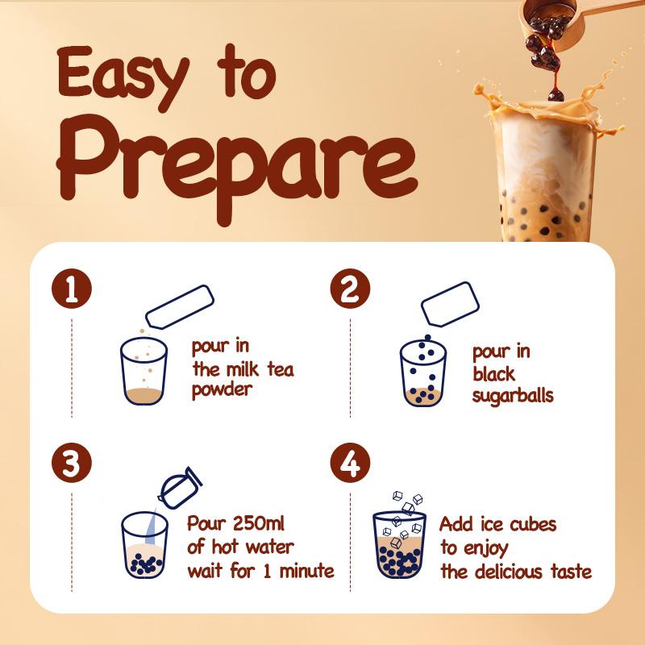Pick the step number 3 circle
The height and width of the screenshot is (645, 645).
click(x=71, y=463)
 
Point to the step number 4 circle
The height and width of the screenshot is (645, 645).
click(x=350, y=463)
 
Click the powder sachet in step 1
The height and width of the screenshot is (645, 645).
click(x=179, y=306)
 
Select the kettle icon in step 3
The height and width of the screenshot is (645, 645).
click(x=178, y=486)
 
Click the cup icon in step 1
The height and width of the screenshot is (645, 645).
click(x=143, y=371)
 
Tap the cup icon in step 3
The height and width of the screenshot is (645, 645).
click(x=144, y=545)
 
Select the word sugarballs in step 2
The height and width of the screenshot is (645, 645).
click(x=513, y=396)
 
